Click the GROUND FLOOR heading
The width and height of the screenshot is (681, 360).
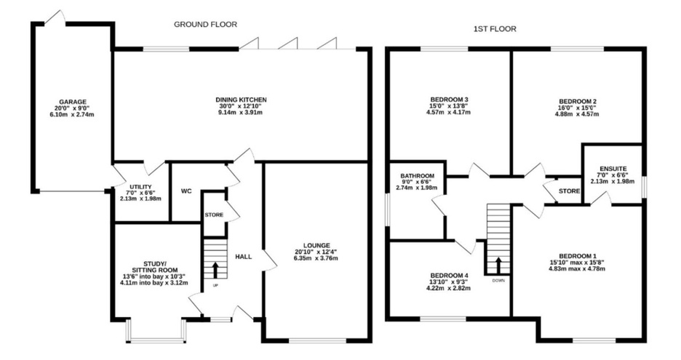[x=205, y=24]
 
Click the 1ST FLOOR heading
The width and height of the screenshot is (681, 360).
[x=495, y=29]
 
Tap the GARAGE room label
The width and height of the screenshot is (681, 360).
[x=73, y=102]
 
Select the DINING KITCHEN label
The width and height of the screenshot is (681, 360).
[x=241, y=100]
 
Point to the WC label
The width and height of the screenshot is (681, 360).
[x=186, y=191]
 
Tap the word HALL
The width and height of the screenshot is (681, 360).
[x=244, y=257]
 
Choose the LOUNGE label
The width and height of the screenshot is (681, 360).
[x=316, y=245]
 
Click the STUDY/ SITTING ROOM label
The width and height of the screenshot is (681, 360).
[x=155, y=267]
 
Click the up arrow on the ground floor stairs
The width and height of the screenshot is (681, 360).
[x=215, y=270]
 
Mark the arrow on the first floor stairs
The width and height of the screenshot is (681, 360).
[x=498, y=265]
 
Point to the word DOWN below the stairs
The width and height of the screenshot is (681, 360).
[x=498, y=281]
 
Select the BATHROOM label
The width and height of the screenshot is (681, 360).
[x=418, y=176]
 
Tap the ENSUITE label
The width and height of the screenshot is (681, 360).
[x=613, y=169]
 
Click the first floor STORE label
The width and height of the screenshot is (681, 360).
[x=570, y=191]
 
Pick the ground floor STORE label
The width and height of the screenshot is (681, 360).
[x=214, y=215]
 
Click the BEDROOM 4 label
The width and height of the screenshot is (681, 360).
[x=449, y=276]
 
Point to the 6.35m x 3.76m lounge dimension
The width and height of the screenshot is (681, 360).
[x=316, y=258]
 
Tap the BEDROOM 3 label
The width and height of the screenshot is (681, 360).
[x=449, y=100]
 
